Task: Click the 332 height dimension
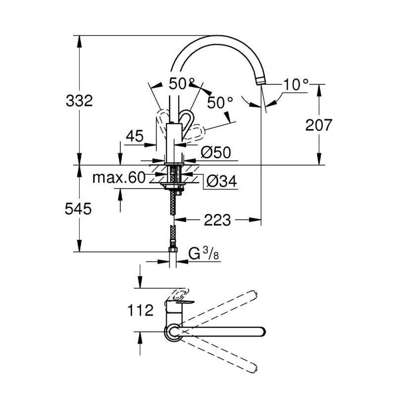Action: [x=79, y=101]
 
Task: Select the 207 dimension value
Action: [x=318, y=125]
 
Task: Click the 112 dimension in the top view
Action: [x=139, y=311]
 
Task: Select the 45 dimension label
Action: [x=134, y=136]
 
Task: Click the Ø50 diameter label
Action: [x=216, y=152]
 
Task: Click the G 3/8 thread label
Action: [x=204, y=254]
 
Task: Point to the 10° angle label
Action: [x=295, y=85]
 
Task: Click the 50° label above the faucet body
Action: [x=181, y=84]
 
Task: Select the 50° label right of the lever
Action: [x=220, y=103]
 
